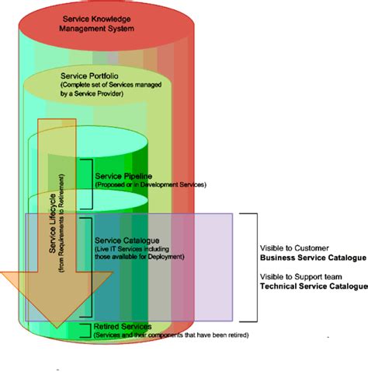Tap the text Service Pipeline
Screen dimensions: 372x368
123,177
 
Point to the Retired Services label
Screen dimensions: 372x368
123,326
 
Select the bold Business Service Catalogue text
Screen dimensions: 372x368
312,258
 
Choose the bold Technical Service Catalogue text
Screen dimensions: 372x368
314,286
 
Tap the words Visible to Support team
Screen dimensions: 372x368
300,276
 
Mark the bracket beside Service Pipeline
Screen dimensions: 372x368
89,176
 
